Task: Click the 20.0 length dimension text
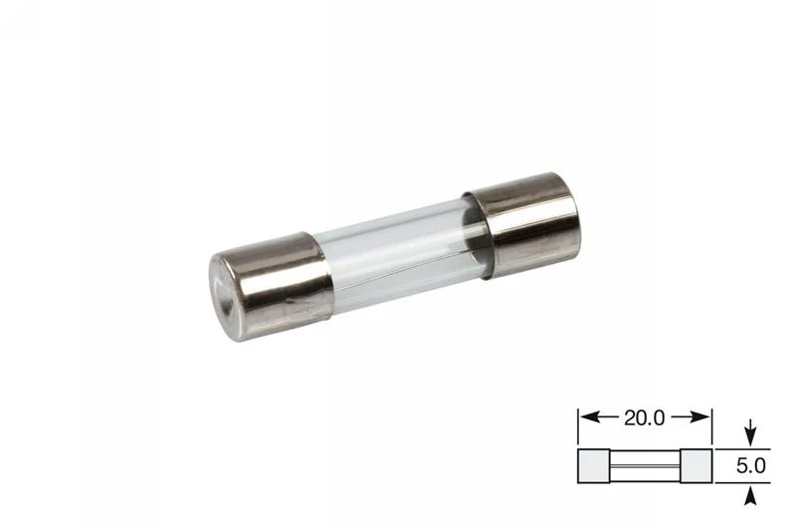(x=645, y=418)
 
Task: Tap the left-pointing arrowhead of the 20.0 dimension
(x=587, y=418)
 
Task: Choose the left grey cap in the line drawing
(x=594, y=465)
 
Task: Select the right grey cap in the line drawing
(x=696, y=465)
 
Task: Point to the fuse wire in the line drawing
(x=645, y=465)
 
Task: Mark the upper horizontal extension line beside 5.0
(x=736, y=449)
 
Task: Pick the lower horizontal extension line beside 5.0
(x=736, y=481)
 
